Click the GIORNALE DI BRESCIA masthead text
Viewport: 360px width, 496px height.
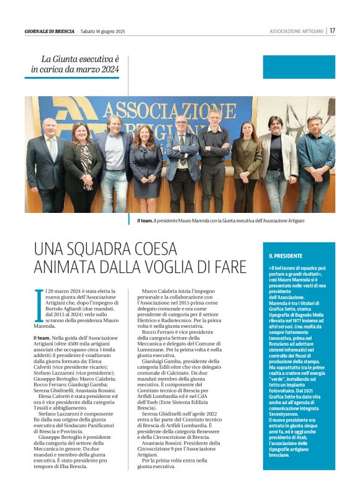point(50,30)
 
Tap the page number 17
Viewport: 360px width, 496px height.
point(333,30)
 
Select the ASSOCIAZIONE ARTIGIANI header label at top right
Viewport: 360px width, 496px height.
point(297,30)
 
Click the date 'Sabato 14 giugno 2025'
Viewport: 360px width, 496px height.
point(102,30)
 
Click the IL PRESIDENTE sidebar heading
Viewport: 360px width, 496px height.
point(286,255)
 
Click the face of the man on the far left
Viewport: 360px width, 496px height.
point(49,128)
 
